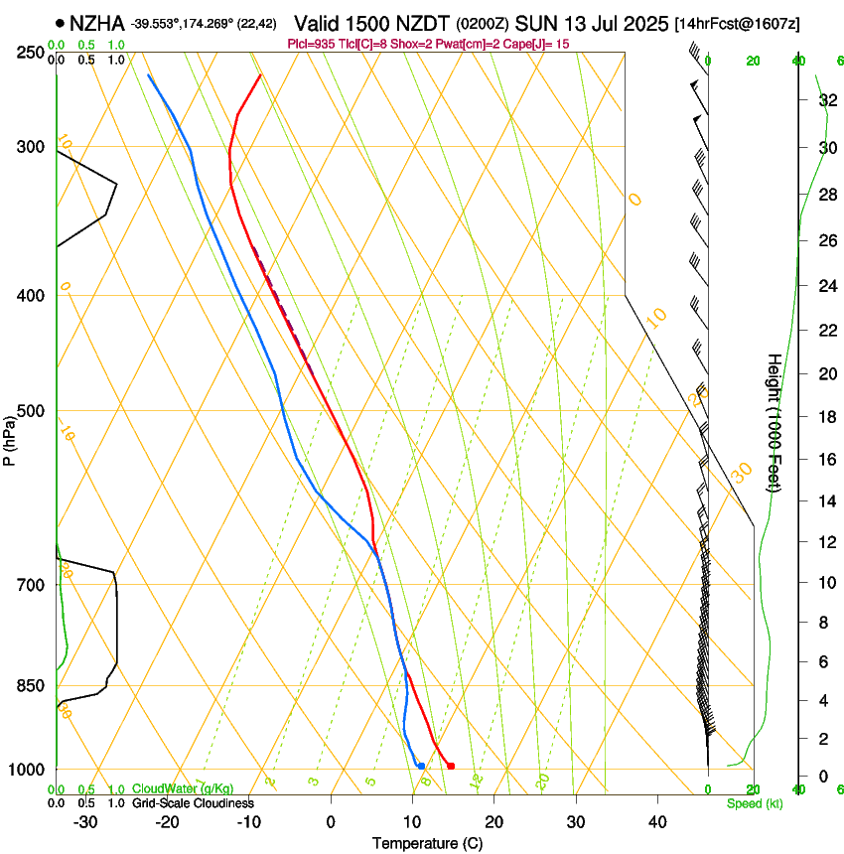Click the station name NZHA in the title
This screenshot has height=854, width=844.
pyautogui.click(x=96, y=22)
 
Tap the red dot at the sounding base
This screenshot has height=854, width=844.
pyautogui.click(x=451, y=766)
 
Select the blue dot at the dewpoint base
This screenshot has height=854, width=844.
pyautogui.click(x=421, y=766)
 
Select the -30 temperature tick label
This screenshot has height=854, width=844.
pyautogui.click(x=85, y=821)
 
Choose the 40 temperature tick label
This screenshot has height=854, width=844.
pyautogui.click(x=656, y=821)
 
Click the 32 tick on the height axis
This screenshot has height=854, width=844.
pyautogui.click(x=825, y=100)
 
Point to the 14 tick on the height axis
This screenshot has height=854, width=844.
pyautogui.click(x=825, y=501)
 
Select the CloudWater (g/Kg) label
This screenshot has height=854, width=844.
pyautogui.click(x=183, y=789)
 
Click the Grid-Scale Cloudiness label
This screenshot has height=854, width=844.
pyautogui.click(x=193, y=803)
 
